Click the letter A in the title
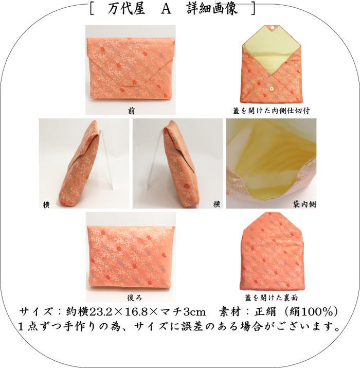(166, 9)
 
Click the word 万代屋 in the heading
(127, 9)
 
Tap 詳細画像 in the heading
(212, 9)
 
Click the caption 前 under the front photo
(132, 111)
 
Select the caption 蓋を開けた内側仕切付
(271, 111)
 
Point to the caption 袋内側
(304, 204)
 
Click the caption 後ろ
(135, 298)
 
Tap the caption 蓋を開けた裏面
(271, 298)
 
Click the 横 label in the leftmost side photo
(46, 205)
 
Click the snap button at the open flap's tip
(272, 27)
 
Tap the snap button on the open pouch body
(272, 89)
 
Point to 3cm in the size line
(194, 312)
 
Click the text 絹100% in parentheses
(311, 312)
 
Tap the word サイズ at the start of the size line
(36, 312)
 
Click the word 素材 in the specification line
(230, 312)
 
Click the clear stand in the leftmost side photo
(106, 160)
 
